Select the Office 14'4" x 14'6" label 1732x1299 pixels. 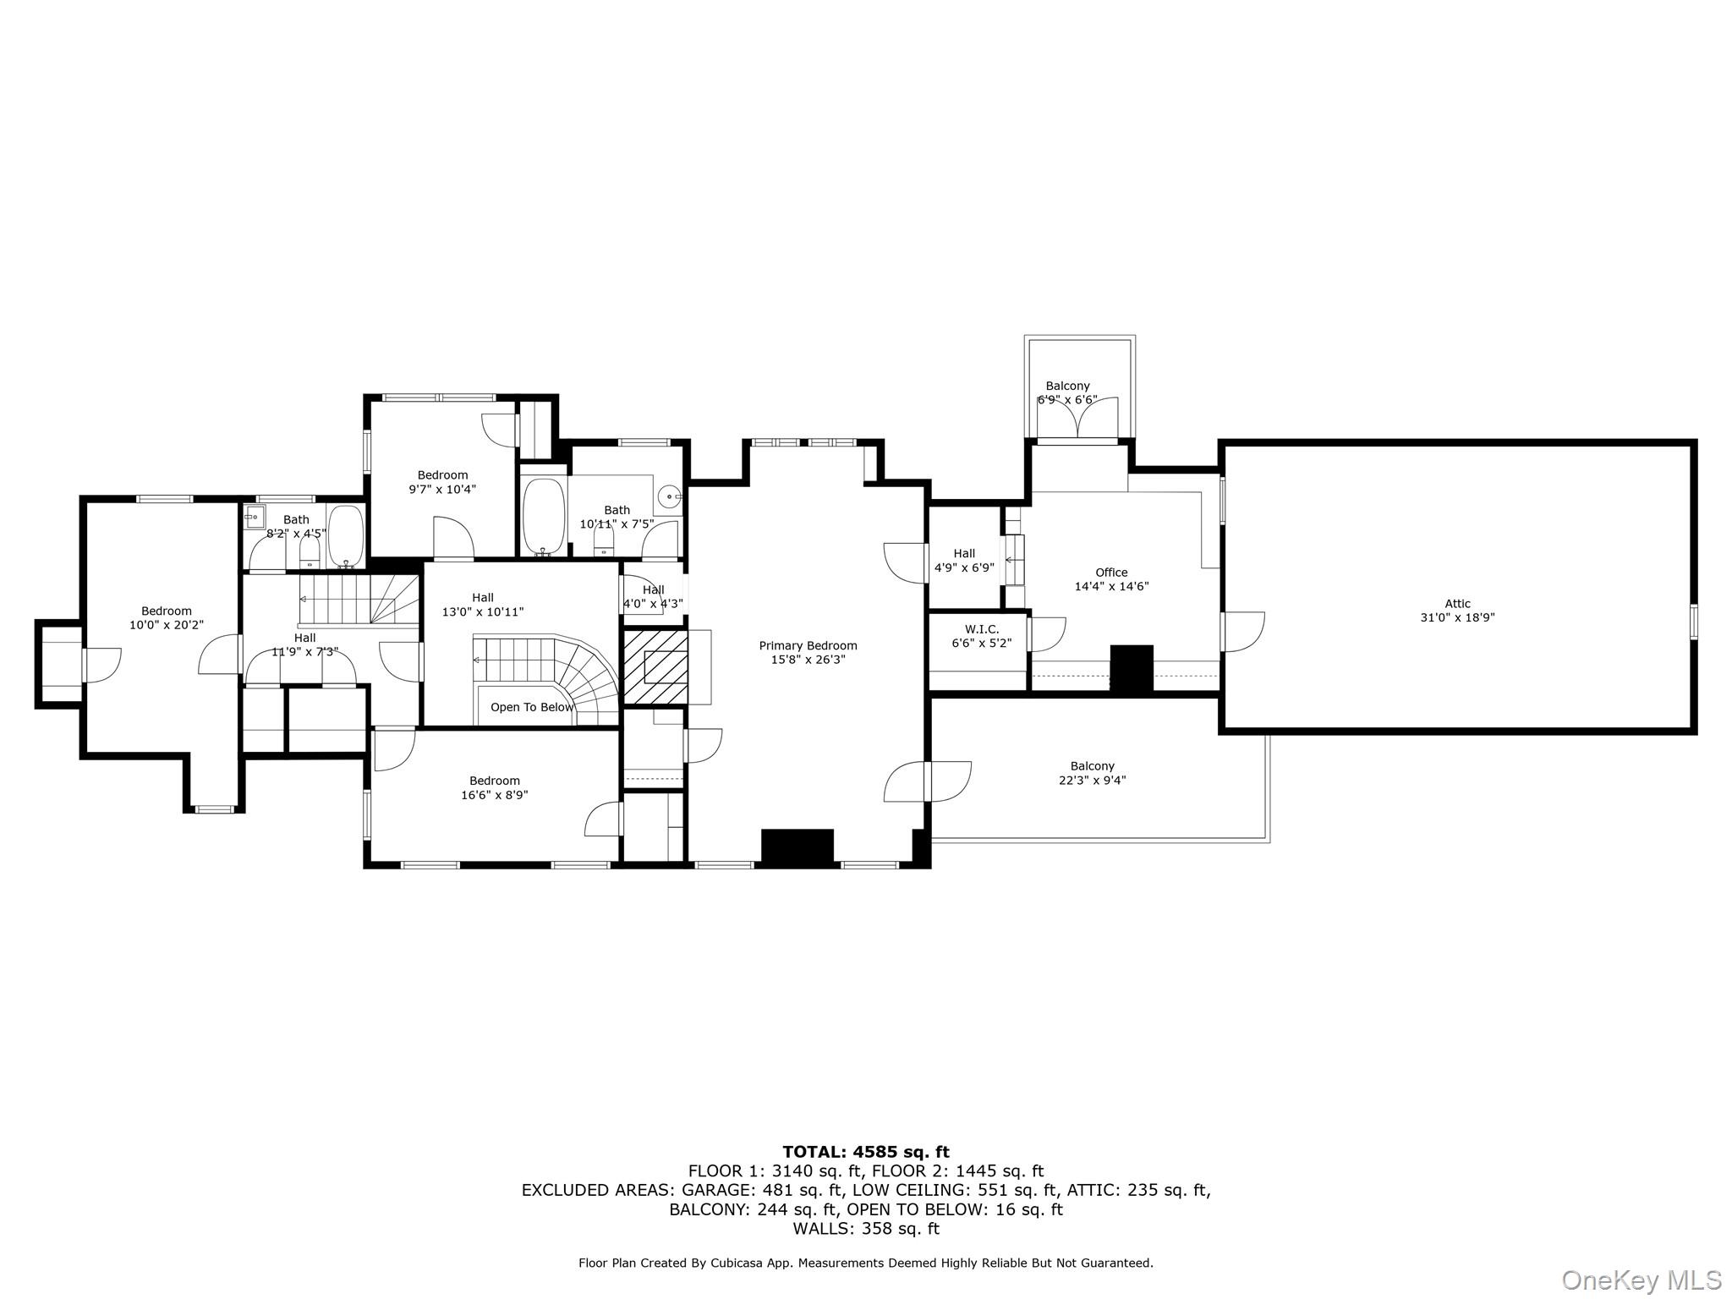[x=1111, y=579]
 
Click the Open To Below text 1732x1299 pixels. [x=532, y=707]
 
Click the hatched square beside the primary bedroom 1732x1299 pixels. [x=655, y=666]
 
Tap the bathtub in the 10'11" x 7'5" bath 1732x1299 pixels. [x=543, y=517]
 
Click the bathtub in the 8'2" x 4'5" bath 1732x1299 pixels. [x=345, y=535]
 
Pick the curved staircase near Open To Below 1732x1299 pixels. [x=584, y=677]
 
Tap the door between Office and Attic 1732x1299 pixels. [x=1241, y=631]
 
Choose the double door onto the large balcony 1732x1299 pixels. [x=928, y=781]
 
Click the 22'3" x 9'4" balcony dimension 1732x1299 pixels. [x=1092, y=781]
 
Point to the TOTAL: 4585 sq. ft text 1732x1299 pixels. [x=865, y=1152]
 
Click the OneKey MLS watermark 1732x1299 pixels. [x=1641, y=1280]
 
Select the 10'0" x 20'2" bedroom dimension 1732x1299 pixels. [x=167, y=625]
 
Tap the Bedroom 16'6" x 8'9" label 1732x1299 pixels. [x=495, y=787]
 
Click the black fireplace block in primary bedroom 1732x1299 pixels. [x=797, y=847]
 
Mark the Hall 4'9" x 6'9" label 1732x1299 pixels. [x=964, y=561]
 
